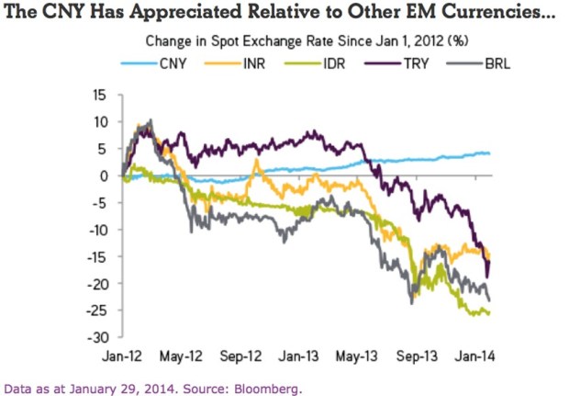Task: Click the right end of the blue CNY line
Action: tap(490, 153)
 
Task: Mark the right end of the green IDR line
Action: tap(490, 313)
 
